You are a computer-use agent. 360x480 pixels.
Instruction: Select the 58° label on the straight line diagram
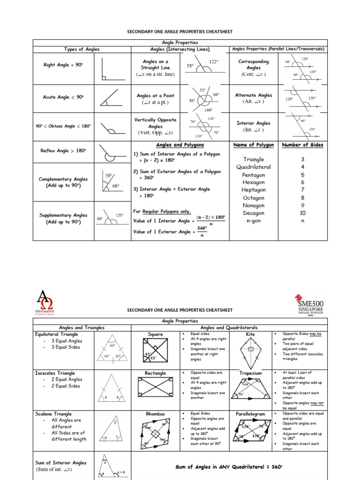[x=190, y=67]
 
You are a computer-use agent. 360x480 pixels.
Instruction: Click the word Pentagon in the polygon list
[x=254, y=175]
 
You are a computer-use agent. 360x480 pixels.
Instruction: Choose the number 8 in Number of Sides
[x=302, y=198]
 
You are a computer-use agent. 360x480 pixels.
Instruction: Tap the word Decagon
[x=254, y=213]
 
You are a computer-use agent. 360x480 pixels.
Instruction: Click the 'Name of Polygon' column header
[x=254, y=145]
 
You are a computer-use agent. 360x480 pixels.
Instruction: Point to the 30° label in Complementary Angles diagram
[x=108, y=175]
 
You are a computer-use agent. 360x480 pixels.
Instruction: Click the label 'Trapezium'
[x=250, y=374]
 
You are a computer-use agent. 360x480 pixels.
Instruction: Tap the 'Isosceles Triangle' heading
[x=55, y=373]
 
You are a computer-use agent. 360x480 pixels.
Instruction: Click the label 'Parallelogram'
[x=250, y=414]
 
